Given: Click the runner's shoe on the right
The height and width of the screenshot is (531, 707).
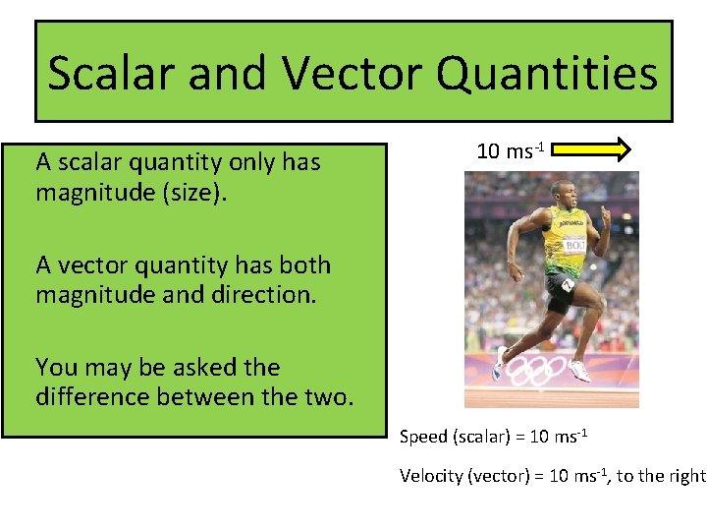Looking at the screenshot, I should pos(579,371).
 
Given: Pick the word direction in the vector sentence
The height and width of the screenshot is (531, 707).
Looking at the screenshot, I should pos(266,295).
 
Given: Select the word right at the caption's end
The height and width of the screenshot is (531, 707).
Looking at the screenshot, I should pos(686,476).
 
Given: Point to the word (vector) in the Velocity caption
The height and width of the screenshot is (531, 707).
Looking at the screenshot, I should pos(501,476).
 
